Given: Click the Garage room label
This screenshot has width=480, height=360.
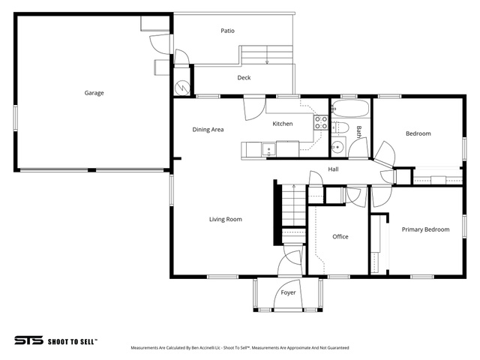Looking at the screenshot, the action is [x=94, y=93].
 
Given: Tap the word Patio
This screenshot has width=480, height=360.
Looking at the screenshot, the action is [x=227, y=31].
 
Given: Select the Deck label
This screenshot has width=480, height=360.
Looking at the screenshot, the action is [x=244, y=78].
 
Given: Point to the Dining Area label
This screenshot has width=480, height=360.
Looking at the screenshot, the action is [x=208, y=130].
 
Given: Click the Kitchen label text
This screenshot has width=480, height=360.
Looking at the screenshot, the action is [x=283, y=124].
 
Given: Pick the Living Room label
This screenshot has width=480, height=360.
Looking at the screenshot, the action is [x=226, y=219].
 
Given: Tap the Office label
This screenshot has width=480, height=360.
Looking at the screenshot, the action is [x=340, y=237].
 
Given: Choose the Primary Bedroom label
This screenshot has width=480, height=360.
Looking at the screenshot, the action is [x=425, y=229].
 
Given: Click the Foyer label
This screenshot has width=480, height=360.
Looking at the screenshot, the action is [x=288, y=292].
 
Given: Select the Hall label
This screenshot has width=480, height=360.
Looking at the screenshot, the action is [x=333, y=169].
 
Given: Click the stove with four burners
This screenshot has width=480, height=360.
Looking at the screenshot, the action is [x=321, y=122].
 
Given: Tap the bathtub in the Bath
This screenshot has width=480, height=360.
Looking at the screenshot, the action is [x=350, y=108].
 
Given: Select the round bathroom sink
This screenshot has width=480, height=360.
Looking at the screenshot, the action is [x=337, y=147].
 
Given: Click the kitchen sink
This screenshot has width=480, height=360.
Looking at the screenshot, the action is [x=268, y=150].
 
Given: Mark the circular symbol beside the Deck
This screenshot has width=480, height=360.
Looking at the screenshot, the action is [x=182, y=88].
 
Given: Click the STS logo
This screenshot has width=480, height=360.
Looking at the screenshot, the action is [x=28, y=340].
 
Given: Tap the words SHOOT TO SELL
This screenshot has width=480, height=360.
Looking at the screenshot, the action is [x=73, y=342].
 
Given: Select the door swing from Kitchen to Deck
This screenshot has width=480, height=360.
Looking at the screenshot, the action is [x=254, y=108].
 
